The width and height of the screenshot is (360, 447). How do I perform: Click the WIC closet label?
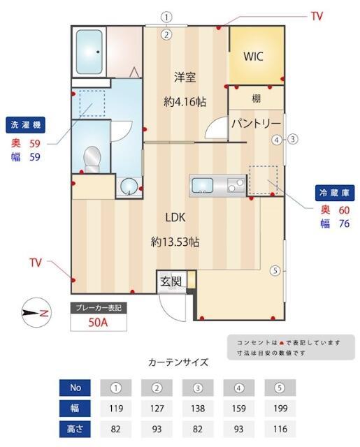point(253,57)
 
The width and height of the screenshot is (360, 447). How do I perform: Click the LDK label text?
point(175,216)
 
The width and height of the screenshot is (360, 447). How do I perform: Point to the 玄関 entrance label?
point(171,282)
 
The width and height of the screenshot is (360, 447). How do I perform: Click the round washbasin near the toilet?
point(127,186)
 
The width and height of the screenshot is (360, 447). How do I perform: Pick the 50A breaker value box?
point(98,323)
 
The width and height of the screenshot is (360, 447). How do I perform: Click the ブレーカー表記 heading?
point(98,307)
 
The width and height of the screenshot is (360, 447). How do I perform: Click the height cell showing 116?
point(280,429)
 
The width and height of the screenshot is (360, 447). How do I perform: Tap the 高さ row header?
point(75,429)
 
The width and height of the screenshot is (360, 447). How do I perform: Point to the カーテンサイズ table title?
point(178,362)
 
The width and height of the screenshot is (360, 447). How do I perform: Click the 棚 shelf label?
point(257,98)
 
